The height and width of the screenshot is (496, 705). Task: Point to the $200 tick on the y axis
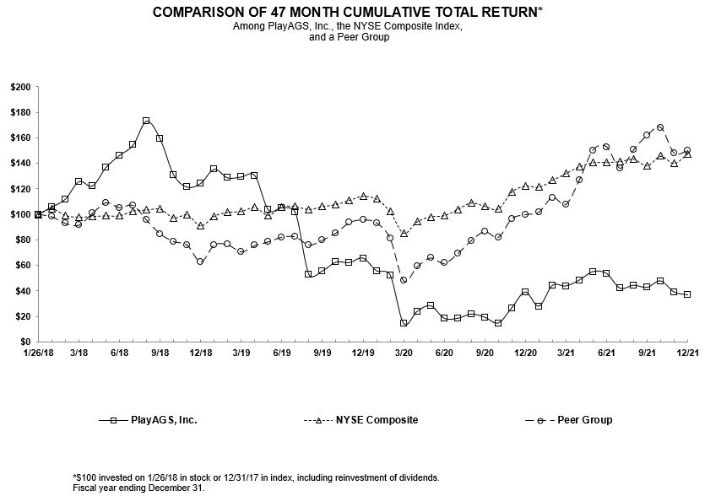(20, 87)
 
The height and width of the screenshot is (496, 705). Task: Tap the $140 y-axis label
(20, 163)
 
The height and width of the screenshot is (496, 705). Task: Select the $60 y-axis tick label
(22, 265)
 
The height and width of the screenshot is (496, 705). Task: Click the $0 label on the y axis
(25, 342)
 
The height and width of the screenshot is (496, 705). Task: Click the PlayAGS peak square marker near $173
(146, 121)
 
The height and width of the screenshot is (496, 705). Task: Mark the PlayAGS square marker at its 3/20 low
(404, 322)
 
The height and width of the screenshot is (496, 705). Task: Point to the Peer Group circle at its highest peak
(660, 127)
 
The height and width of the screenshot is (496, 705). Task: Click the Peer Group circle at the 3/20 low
(404, 280)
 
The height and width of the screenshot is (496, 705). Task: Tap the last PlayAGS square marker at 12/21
(687, 294)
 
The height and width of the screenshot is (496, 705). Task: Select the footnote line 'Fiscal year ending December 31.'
(139, 488)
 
